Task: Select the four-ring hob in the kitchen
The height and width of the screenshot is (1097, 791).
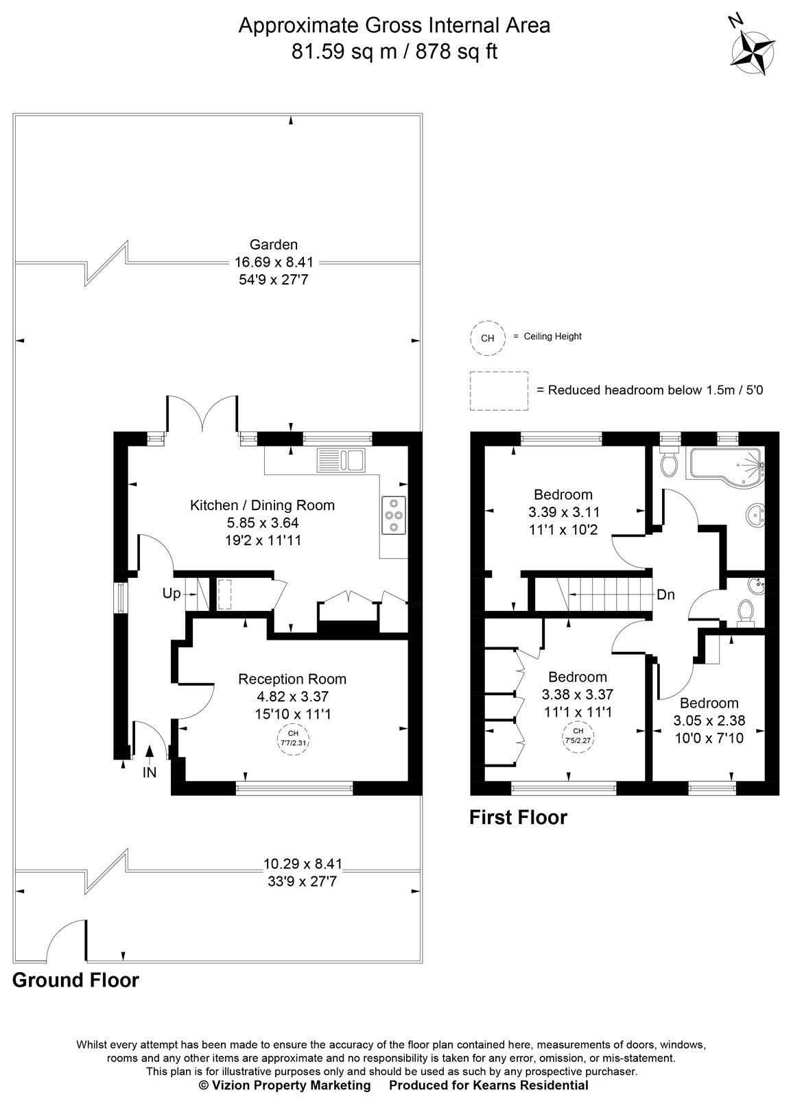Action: pos(394,514)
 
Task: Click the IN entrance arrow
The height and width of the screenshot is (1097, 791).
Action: pos(150,756)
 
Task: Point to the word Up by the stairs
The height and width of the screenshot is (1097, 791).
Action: pos(171,593)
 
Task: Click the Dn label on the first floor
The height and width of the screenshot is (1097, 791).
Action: pos(665,594)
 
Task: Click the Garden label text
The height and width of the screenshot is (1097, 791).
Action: pos(273,244)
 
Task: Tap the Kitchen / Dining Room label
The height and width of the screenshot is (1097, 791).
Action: pos(262,505)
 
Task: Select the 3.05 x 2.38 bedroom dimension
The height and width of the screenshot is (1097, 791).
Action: pos(709,720)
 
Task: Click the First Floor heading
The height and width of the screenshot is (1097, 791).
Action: pos(518,817)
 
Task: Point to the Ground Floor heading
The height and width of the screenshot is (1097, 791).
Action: pos(75,980)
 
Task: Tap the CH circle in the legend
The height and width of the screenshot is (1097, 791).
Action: pos(487,337)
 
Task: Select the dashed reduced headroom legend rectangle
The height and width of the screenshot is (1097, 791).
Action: pos(499,390)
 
